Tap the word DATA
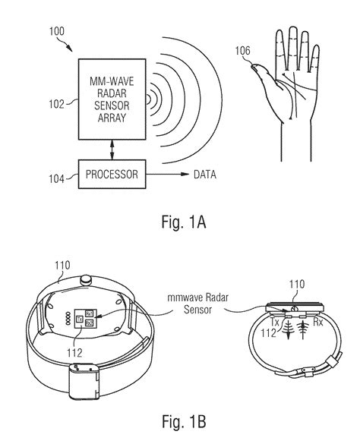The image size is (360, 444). (204, 174)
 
